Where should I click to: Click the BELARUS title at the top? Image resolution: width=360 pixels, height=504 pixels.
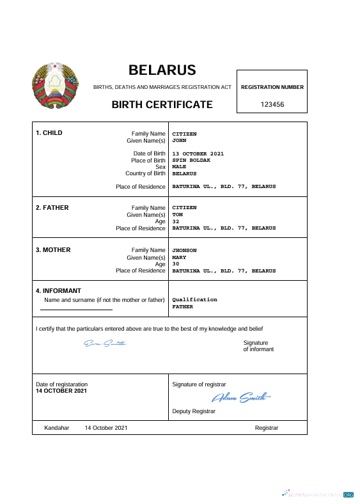coord(162,70)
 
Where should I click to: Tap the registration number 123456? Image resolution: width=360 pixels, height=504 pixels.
coord(272,104)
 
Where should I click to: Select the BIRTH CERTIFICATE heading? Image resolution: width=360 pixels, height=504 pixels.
coord(162,104)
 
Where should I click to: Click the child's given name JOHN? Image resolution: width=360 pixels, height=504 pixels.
coord(179,140)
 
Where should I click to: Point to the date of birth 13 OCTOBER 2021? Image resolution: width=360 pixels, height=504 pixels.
coord(198,154)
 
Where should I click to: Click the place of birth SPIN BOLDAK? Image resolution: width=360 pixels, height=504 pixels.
coord(191,160)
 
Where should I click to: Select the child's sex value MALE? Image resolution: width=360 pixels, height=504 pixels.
coord(179,166)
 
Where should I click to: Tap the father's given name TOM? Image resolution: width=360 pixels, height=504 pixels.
coord(177,214)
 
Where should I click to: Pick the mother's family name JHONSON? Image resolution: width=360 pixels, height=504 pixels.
coord(184,250)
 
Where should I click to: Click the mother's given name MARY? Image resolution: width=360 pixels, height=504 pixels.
coord(179,257)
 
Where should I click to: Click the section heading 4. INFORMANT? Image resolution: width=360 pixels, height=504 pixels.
coord(58,291)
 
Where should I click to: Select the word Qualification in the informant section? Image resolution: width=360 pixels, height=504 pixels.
coord(194,299)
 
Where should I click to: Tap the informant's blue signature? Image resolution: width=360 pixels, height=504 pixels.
coord(105,343)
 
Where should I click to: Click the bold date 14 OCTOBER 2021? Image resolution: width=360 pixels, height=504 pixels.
coord(61,391)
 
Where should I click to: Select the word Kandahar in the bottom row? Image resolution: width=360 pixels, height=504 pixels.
coord(56,428)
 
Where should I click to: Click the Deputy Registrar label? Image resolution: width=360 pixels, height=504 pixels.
coord(194,411)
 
